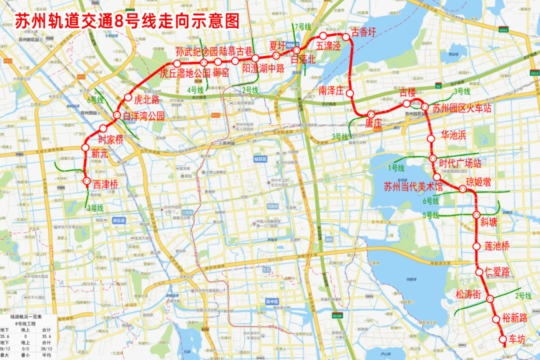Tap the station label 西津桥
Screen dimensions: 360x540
pyautogui.click(x=105, y=184)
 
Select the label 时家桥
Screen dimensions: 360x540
pyautogui.click(x=110, y=140)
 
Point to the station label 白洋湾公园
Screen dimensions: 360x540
pyautogui.click(x=143, y=116)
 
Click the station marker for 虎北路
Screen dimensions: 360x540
pyautogui.click(x=128, y=97)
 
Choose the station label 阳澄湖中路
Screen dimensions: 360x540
pyautogui.click(x=263, y=67)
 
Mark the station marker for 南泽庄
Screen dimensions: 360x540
pyautogui.click(x=350, y=93)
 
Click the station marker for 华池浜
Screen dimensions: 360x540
pyautogui.click(x=430, y=139)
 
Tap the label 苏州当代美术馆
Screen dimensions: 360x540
pyautogui.click(x=413, y=187)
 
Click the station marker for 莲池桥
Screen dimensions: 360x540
pyautogui.click(x=476, y=246)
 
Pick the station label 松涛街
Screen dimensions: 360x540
pyautogui.click(x=468, y=293)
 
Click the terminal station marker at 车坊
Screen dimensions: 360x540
pyautogui.click(x=503, y=340)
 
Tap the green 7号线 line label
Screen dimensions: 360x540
pyautogui.click(x=302, y=26)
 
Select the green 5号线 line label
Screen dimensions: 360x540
pyautogui.click(x=430, y=215)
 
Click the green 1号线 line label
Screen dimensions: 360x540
pyautogui.click(x=396, y=167)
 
